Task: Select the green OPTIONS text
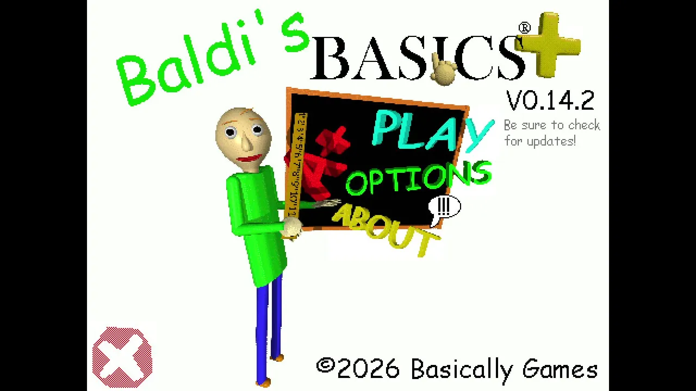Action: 419,178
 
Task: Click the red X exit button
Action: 122,357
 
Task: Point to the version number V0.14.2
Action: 550,100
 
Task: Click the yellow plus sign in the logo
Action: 548,45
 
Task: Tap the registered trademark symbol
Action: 525,28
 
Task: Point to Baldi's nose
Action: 246,143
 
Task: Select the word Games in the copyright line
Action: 560,369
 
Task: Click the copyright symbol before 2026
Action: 326,366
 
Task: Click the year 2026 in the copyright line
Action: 369,369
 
